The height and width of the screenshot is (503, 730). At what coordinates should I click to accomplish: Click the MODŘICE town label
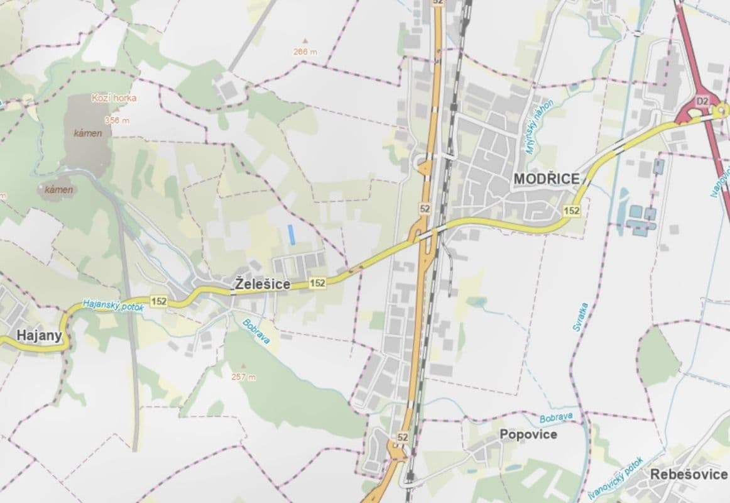point(546,179)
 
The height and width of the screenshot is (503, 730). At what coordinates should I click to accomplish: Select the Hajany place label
point(40,335)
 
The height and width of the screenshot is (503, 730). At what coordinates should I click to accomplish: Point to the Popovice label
point(528,434)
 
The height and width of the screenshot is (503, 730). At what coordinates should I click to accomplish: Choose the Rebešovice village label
point(689,474)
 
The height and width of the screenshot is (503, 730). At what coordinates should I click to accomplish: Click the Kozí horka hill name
point(114,98)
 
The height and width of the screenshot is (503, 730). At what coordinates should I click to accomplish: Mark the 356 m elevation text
point(117,120)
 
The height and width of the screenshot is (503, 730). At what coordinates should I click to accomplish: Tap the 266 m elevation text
point(305,52)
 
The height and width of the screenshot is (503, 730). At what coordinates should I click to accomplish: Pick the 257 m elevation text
point(244,377)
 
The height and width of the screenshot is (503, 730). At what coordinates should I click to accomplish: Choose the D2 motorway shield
point(702,101)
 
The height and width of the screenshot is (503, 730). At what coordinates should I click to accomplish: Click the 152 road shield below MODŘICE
point(572,211)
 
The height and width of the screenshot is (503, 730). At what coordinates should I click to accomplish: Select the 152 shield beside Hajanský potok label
point(159,302)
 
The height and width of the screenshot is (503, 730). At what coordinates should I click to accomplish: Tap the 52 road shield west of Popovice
point(403,436)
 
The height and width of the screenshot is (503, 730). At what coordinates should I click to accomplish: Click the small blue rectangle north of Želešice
point(291,235)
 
